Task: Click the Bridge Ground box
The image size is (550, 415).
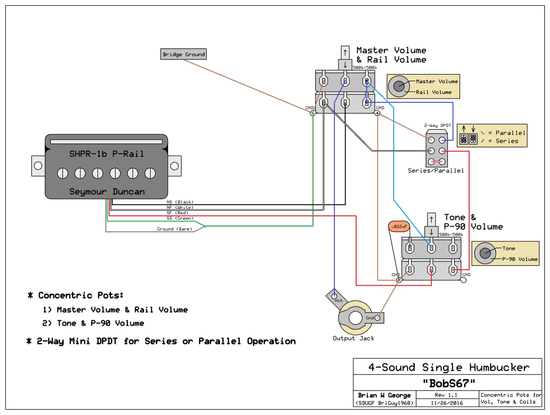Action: pyautogui.click(x=183, y=54)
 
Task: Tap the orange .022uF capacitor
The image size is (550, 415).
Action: pyautogui.click(x=399, y=226)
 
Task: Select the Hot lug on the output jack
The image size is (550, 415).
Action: pyautogui.click(x=334, y=296)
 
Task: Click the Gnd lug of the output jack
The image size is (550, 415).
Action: pyautogui.click(x=377, y=318)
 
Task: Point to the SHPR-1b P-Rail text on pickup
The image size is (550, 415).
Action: pyautogui.click(x=106, y=154)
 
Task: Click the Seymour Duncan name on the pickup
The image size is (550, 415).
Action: pyautogui.click(x=107, y=192)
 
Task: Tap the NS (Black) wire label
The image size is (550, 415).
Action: pyautogui.click(x=180, y=202)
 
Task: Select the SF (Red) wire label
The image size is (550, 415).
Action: pyautogui.click(x=177, y=213)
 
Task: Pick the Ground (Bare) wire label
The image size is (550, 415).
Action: pyautogui.click(x=174, y=229)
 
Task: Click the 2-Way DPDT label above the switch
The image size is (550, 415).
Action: pyautogui.click(x=437, y=126)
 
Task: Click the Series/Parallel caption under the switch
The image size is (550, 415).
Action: pyautogui.click(x=436, y=171)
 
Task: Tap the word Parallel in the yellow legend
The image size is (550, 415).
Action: pyautogui.click(x=510, y=133)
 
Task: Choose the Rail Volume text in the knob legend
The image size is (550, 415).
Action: pyautogui.click(x=434, y=92)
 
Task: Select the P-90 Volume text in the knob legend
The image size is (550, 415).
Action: pyautogui.click(x=520, y=259)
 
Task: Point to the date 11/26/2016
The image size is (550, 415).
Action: pyautogui.click(x=447, y=403)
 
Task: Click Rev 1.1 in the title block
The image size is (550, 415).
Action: pyautogui.click(x=446, y=395)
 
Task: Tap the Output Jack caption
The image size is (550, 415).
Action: pyautogui.click(x=353, y=338)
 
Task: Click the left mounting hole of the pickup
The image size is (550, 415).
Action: pyautogui.click(x=38, y=165)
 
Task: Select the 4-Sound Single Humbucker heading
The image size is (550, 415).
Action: pyautogui.click(x=449, y=367)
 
